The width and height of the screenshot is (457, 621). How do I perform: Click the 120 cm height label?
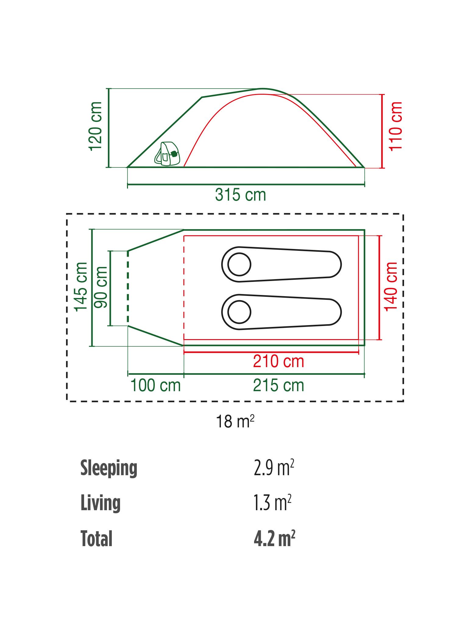(95, 126)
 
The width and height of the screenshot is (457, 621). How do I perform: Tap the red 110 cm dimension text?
(396, 126)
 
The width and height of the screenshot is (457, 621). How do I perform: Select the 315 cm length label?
(240, 195)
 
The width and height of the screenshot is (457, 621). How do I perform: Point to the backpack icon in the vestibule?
(167, 154)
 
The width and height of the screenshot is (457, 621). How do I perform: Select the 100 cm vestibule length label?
(155, 386)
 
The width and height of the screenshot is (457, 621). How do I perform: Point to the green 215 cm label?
(278, 386)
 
